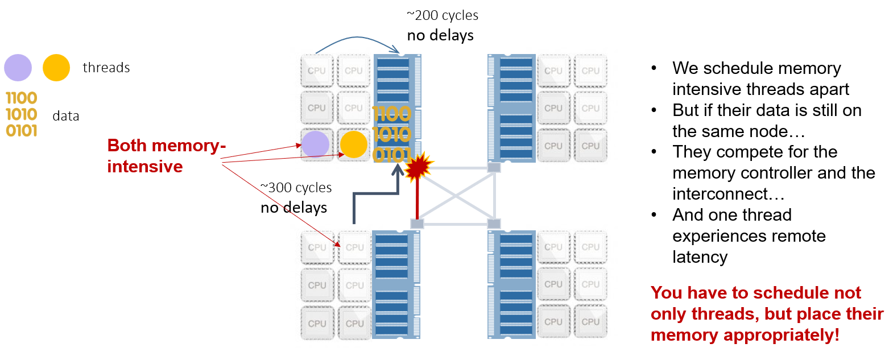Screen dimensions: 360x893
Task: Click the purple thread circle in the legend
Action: point(18,68)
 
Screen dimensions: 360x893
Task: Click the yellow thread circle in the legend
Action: point(56,68)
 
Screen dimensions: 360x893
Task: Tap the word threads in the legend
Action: point(106,68)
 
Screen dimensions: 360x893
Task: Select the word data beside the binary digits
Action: point(66,116)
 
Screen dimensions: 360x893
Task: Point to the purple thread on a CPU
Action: point(315,144)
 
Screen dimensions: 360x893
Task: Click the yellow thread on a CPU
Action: point(353,144)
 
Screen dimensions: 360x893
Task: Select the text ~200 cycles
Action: point(443,15)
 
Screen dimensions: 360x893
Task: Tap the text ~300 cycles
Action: point(296,188)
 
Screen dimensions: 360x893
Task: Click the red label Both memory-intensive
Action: point(166,156)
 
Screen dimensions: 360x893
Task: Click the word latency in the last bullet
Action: point(700,257)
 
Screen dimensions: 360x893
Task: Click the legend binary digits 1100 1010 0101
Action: point(22,114)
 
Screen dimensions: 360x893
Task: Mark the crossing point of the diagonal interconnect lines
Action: point(456,196)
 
